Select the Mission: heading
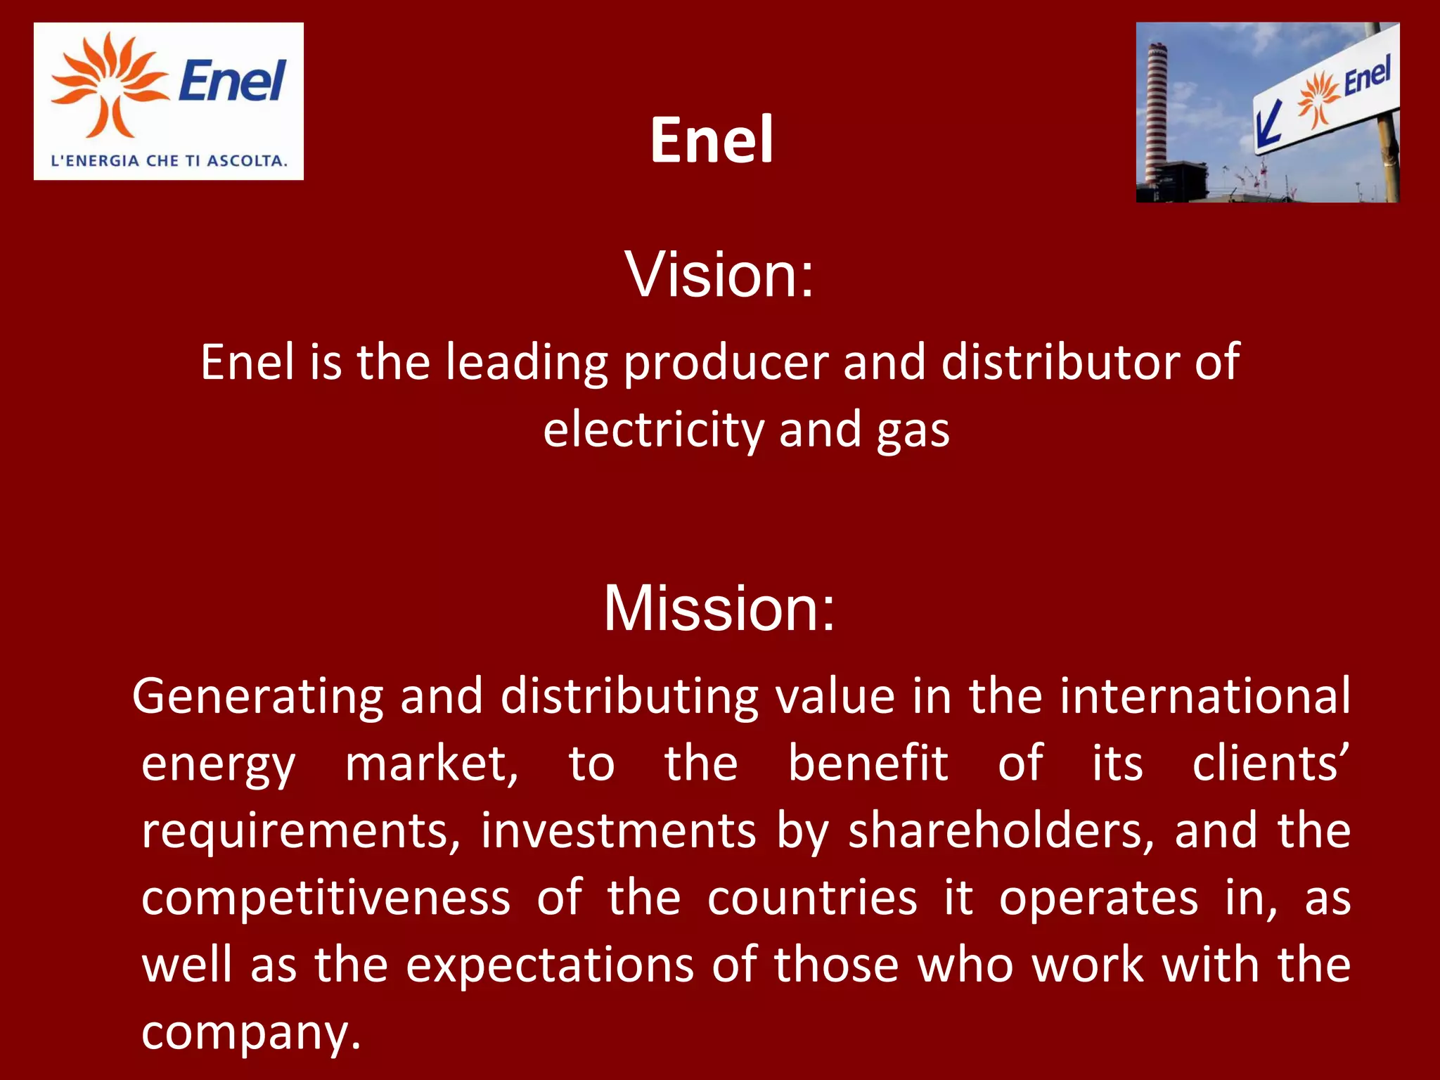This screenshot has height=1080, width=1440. tap(719, 608)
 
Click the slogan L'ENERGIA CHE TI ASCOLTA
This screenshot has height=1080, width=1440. tap(169, 160)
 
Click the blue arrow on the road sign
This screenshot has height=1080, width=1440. tap(1268, 127)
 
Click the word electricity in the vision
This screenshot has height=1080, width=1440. tap(653, 430)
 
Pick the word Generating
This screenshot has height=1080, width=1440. tap(257, 696)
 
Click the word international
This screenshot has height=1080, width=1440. tap(1204, 696)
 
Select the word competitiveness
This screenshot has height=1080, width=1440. tap(326, 898)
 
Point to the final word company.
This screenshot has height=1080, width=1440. tap(250, 1032)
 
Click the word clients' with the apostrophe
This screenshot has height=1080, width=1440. tap(1271, 763)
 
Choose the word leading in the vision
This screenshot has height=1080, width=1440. tap(527, 362)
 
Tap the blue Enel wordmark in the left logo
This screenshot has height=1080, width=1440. tap(232, 80)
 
